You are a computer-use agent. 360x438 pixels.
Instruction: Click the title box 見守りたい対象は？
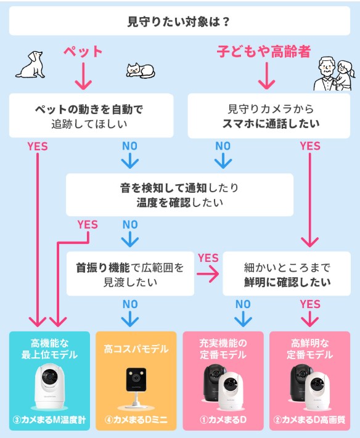click(179, 21)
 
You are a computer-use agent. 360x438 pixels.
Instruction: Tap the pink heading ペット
click(83, 52)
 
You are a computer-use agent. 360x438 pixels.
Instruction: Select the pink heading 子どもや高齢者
click(264, 51)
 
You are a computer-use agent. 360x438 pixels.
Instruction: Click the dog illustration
click(31, 65)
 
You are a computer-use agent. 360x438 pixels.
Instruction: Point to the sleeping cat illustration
click(141, 71)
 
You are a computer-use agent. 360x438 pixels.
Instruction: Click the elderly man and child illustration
click(333, 74)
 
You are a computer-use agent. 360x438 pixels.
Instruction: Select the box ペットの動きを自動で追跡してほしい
click(91, 116)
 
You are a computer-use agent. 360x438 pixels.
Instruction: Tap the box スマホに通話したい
click(269, 116)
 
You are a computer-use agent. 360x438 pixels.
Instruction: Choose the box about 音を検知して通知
click(179, 195)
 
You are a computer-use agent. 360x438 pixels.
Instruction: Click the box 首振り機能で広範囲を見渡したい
click(130, 274)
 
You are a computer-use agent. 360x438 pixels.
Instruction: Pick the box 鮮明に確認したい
click(287, 274)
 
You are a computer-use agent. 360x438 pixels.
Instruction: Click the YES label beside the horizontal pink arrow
click(208, 258)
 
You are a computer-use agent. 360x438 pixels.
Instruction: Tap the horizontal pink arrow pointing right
click(208, 274)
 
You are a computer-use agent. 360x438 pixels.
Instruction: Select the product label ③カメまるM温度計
click(49, 420)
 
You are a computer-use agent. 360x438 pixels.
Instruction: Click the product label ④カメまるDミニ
click(136, 420)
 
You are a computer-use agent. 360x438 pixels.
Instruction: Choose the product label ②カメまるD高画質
click(309, 420)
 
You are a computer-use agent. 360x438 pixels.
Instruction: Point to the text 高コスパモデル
click(136, 349)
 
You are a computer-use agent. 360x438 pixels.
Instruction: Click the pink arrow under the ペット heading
click(83, 76)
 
